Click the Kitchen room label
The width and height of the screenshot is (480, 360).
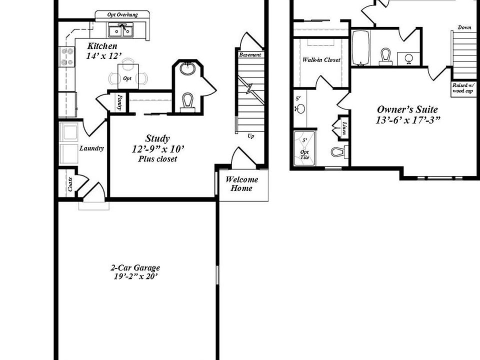click(102, 46)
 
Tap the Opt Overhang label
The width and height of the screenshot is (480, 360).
click(122, 15)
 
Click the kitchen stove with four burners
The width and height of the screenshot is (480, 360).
click(66, 56)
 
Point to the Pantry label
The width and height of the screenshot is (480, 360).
click(120, 102)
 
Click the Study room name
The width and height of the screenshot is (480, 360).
click(157, 138)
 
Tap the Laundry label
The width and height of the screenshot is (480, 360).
click(91, 148)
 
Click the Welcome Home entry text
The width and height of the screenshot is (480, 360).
click(242, 184)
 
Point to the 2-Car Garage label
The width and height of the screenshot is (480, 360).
click(135, 268)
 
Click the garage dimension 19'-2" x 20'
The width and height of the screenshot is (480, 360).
click(135, 276)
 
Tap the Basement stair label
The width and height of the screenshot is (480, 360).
click(250, 54)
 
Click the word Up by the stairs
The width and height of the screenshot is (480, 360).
click(250, 135)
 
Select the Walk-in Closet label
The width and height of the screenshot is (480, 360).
click(321, 59)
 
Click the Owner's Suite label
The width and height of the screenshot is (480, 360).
click(407, 109)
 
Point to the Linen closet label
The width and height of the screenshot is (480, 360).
click(344, 128)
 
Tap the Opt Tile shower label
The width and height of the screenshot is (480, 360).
click(304, 154)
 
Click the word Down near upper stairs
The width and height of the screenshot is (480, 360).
click(464, 27)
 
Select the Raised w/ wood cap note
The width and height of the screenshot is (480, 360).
click(462, 88)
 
